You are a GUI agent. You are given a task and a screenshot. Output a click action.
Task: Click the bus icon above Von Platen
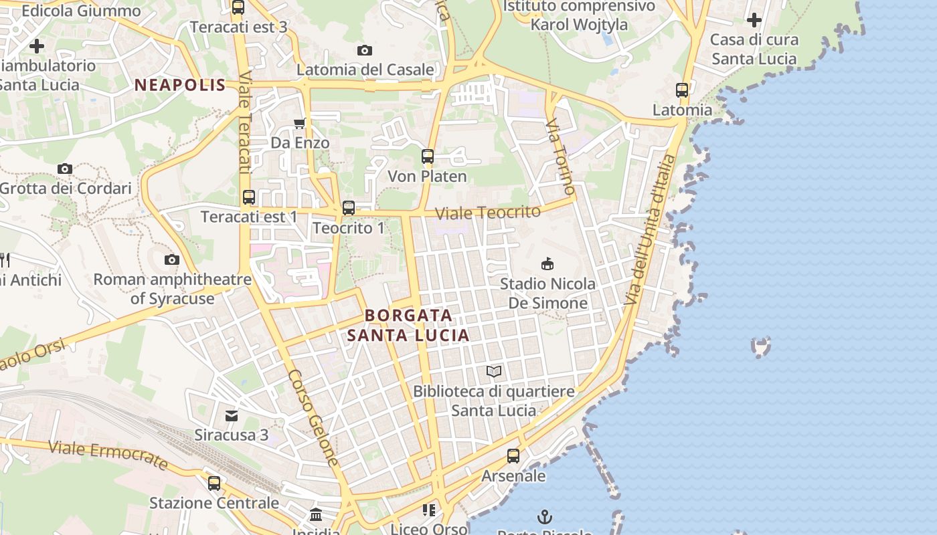427,156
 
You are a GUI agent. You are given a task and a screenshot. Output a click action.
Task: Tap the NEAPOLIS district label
180,85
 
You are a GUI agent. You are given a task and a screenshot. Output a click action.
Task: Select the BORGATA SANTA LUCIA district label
408,325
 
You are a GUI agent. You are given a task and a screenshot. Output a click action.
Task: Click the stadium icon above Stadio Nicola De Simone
547,264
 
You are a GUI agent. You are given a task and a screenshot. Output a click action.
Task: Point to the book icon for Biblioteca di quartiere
494,371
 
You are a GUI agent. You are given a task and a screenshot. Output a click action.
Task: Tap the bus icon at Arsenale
513,456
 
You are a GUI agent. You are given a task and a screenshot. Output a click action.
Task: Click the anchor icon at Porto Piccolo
545,517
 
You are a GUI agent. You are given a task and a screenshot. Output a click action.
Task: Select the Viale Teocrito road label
488,213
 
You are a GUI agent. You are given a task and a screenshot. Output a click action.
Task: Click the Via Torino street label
560,156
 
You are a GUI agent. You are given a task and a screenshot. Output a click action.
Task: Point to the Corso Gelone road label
314,418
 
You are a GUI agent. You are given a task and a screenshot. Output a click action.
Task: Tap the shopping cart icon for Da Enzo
300,123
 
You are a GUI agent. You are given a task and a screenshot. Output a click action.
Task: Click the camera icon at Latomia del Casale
365,50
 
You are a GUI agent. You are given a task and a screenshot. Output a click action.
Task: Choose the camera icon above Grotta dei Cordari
65,169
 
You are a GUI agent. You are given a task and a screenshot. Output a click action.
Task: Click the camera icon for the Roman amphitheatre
172,259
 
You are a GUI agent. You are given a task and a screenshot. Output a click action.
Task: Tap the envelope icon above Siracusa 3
232,416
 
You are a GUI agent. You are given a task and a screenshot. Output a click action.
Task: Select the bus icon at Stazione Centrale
214,483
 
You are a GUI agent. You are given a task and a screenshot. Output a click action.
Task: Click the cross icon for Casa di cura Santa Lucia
754,20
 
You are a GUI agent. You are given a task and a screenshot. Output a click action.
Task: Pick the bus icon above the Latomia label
682,90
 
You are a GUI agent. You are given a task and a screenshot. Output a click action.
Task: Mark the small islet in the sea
761,346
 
